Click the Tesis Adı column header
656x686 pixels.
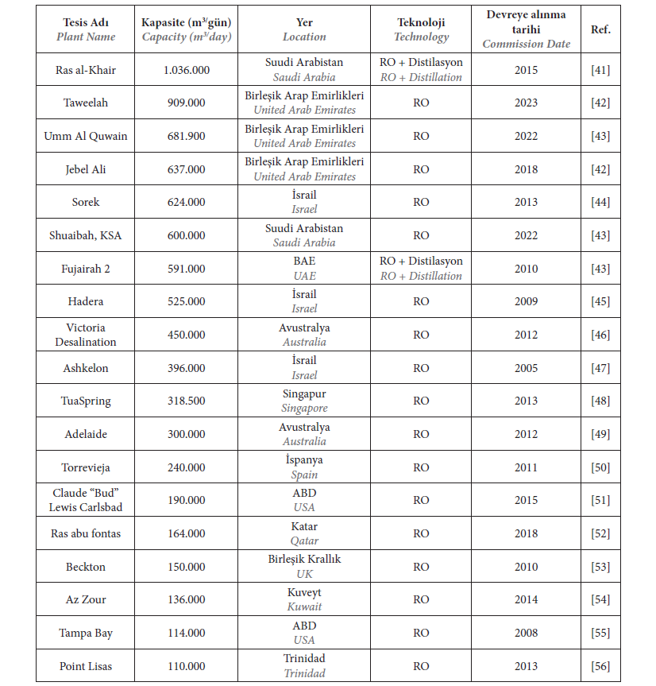[x=86, y=29]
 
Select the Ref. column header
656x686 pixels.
[x=600, y=29]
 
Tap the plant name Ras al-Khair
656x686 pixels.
[x=86, y=70]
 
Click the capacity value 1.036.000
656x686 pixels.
[x=186, y=70]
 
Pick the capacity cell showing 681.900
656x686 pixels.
[x=186, y=136]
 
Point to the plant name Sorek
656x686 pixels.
[x=86, y=202]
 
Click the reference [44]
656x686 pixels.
[x=600, y=202]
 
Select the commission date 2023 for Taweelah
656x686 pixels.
[x=526, y=103]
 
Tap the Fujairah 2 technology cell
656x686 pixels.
[x=421, y=269]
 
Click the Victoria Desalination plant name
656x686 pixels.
[x=86, y=335]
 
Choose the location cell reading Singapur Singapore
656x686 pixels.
[x=304, y=401]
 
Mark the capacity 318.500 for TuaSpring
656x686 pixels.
[x=186, y=401]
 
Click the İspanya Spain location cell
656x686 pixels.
[x=304, y=467]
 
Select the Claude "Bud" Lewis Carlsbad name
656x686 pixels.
[x=86, y=500]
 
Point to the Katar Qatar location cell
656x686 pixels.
[x=304, y=533]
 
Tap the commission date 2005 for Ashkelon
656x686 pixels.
[x=526, y=368]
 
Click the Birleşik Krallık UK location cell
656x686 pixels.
[x=304, y=567]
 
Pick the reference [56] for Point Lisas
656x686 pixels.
[x=600, y=666]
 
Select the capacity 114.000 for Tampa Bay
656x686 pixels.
[x=186, y=633]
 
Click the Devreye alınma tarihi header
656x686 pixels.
[x=526, y=29]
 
